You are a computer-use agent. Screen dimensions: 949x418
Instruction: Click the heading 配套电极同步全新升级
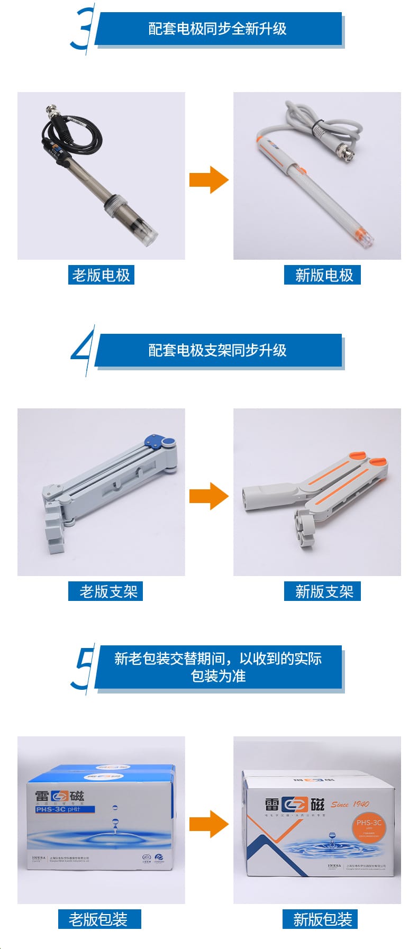[217, 29]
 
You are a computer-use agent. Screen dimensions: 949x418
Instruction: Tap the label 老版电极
[101, 275]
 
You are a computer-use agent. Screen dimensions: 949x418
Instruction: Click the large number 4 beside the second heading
[83, 350]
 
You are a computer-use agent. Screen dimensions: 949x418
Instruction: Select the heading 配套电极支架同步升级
[217, 350]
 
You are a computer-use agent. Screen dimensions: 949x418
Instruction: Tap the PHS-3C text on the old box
[51, 809]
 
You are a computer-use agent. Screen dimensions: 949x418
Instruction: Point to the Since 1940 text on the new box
[350, 805]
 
